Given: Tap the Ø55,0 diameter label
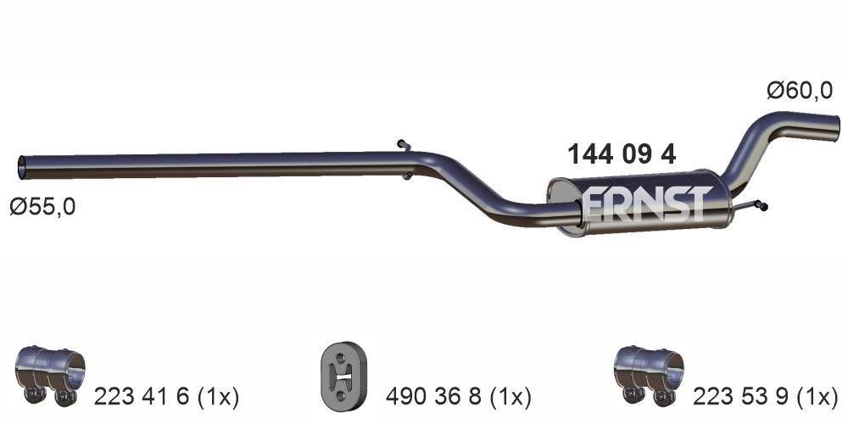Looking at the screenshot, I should [x=42, y=206].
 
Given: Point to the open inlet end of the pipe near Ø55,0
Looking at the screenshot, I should [x=23, y=165].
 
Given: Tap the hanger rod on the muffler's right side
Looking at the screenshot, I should [x=750, y=204].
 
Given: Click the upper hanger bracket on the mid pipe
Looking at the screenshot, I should [x=404, y=146].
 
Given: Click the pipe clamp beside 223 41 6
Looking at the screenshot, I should [x=52, y=373].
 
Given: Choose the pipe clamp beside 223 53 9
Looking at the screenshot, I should [x=648, y=373].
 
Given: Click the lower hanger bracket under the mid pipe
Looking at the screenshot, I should [x=408, y=176].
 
